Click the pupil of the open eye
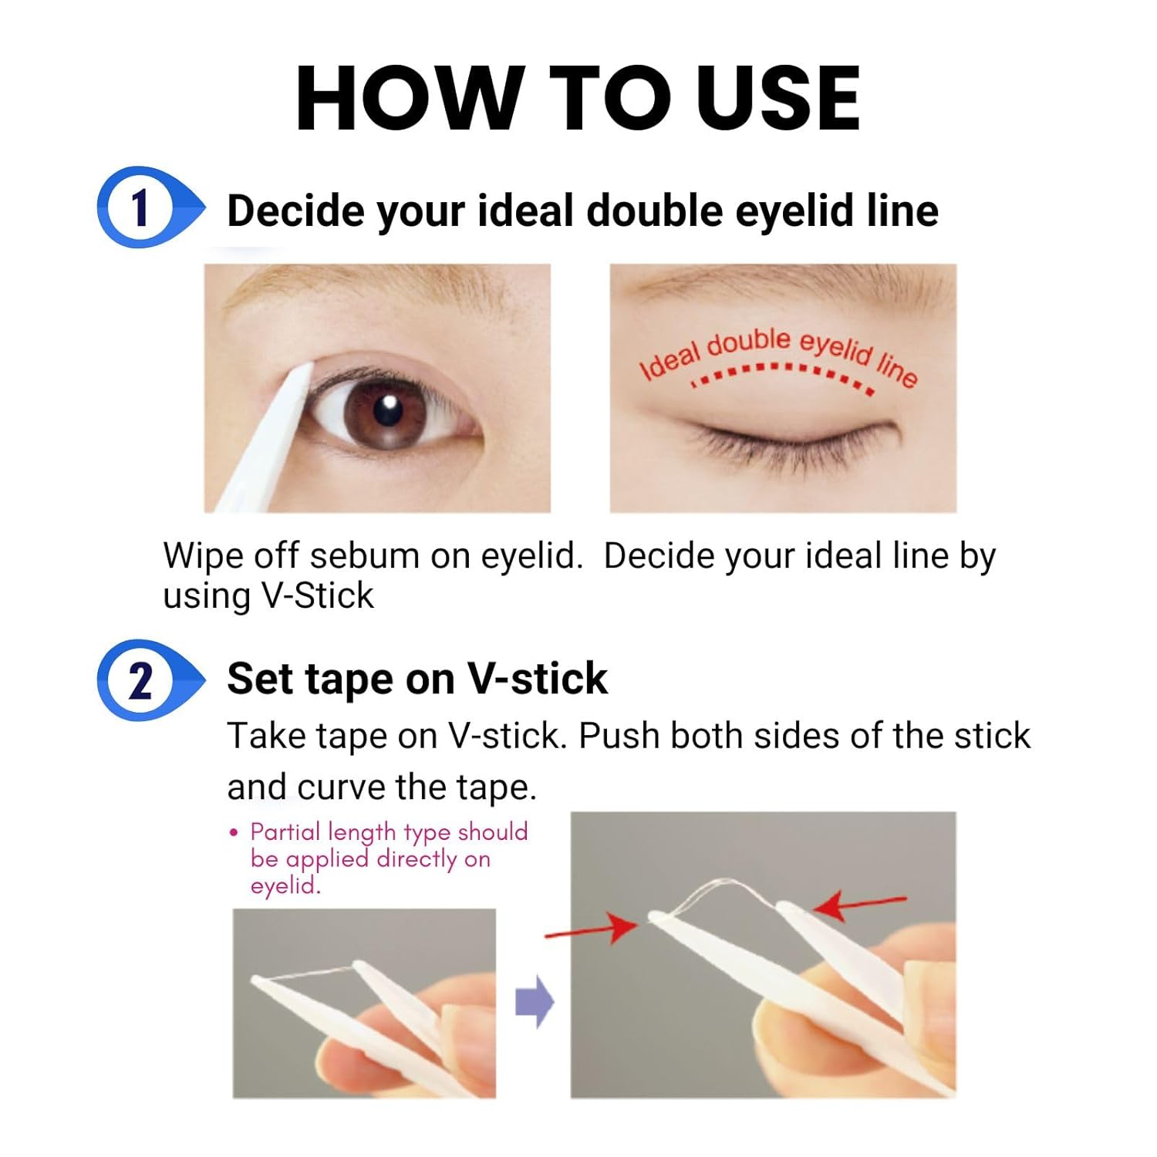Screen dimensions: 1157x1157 tap(386, 410)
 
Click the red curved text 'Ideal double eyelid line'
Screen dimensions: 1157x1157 tap(779, 354)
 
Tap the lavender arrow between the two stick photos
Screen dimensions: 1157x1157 tap(535, 1002)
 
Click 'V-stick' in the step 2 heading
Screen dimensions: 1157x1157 tap(538, 679)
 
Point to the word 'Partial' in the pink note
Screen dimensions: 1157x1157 tap(285, 831)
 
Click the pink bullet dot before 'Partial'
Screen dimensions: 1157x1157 tap(234, 833)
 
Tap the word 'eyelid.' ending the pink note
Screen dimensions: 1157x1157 tap(285, 885)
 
